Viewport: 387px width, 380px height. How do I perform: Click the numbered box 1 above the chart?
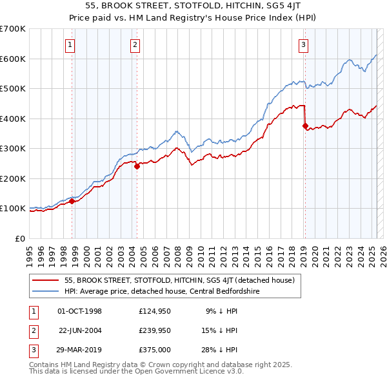click(x=70, y=44)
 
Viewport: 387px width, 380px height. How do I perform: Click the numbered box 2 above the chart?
click(x=135, y=44)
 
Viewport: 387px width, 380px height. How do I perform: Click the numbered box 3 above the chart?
click(x=303, y=44)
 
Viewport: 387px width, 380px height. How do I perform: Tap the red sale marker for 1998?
click(x=72, y=201)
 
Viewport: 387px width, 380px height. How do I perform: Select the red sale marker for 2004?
click(x=137, y=166)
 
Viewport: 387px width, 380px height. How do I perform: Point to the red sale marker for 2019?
click(x=305, y=126)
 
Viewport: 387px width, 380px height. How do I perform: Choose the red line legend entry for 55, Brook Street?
click(x=179, y=280)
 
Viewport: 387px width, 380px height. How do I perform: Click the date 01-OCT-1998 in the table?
click(x=80, y=311)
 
